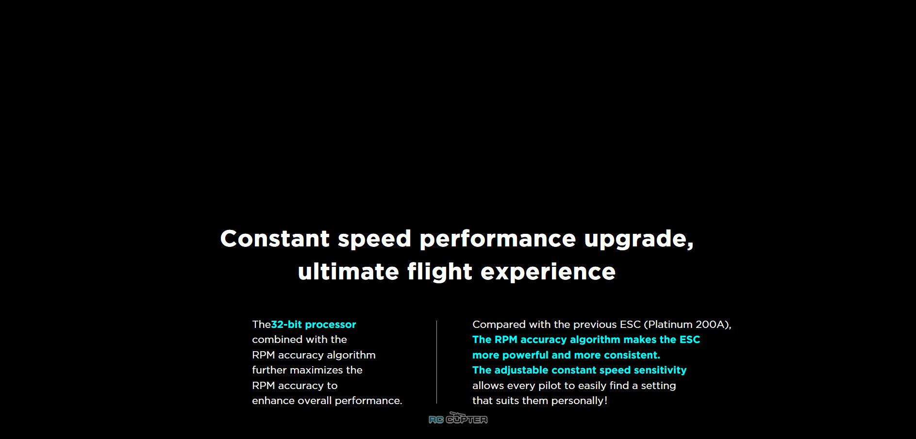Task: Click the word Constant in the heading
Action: (275, 239)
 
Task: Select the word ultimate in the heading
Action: (349, 272)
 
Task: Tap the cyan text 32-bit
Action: (286, 325)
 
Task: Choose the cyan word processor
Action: (331, 325)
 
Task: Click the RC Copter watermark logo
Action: (458, 418)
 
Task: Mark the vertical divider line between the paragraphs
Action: (437, 362)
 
